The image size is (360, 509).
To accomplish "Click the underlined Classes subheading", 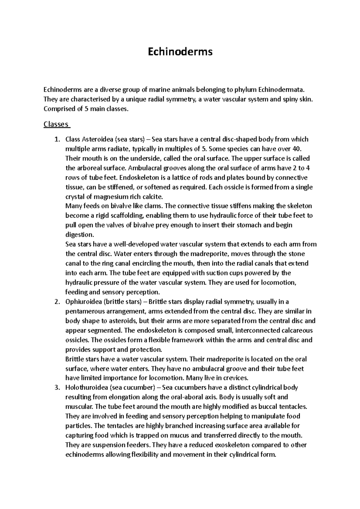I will point(56,124).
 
